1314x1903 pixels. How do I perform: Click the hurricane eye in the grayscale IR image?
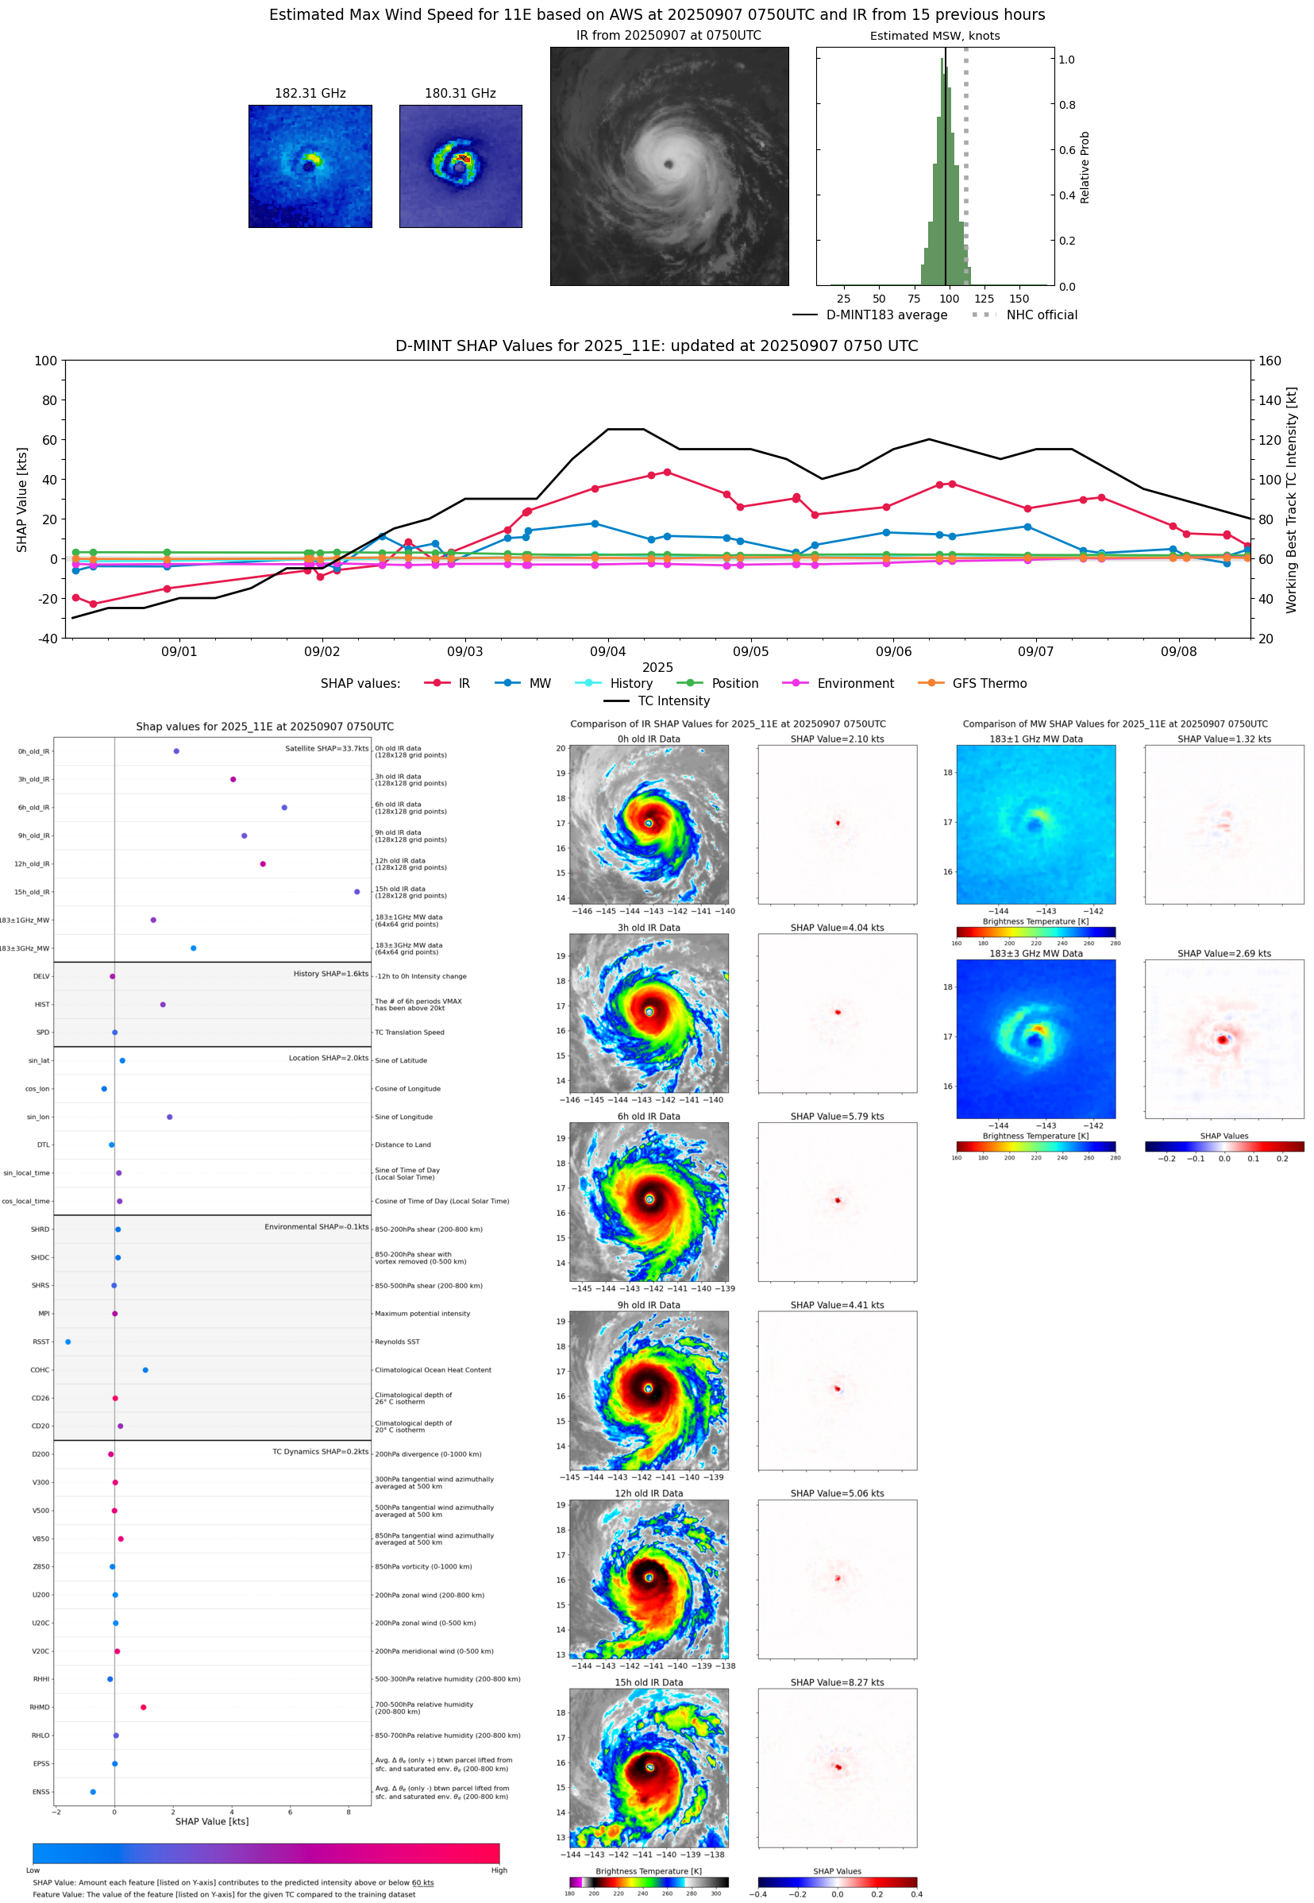669,164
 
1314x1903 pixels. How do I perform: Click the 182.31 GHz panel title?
310,94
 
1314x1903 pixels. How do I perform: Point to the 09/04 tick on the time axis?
607,651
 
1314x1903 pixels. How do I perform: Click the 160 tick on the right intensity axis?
1270,361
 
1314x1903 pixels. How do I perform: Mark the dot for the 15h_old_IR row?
356,892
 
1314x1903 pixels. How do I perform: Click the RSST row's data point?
67,1341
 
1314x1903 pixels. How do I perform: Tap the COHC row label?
40,1370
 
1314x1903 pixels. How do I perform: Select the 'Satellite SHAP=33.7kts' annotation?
326,748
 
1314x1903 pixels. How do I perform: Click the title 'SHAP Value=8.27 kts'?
837,1682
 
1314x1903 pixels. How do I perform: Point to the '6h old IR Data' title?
649,1117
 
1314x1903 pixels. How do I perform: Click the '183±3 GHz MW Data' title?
1036,954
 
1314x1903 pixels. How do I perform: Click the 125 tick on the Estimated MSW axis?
984,299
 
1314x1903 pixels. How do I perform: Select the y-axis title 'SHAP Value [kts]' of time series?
22,499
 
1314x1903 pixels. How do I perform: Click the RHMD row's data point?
143,1707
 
